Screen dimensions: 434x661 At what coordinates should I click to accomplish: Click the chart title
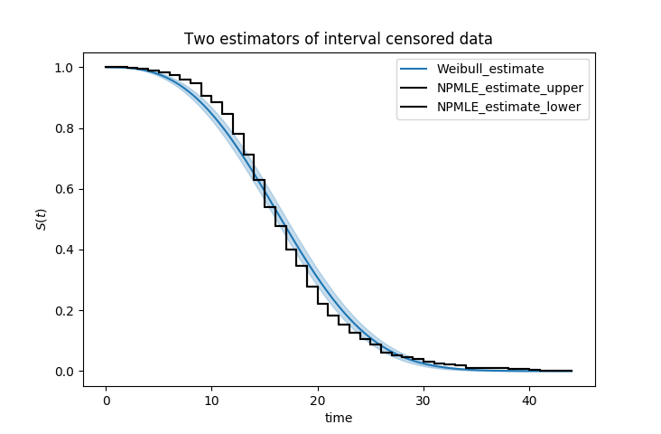click(x=339, y=39)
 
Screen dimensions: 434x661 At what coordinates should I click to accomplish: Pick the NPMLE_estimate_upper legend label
click(x=510, y=88)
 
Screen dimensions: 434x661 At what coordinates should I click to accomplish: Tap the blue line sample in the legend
click(x=415, y=69)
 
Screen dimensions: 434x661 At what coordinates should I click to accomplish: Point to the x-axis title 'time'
click(x=339, y=418)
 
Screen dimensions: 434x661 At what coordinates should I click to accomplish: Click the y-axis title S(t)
click(x=42, y=218)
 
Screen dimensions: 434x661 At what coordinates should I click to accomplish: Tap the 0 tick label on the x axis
click(x=106, y=400)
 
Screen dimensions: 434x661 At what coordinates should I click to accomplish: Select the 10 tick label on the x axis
click(x=211, y=400)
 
